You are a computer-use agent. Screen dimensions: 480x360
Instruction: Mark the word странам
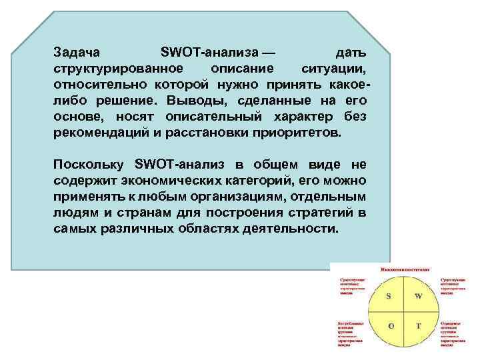tap(119, 213)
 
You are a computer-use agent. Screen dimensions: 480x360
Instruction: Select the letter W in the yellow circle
tap(419, 295)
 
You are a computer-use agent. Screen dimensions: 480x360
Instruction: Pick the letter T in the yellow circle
tap(419, 326)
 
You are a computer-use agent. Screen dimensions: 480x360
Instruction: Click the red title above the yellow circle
tap(404, 268)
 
